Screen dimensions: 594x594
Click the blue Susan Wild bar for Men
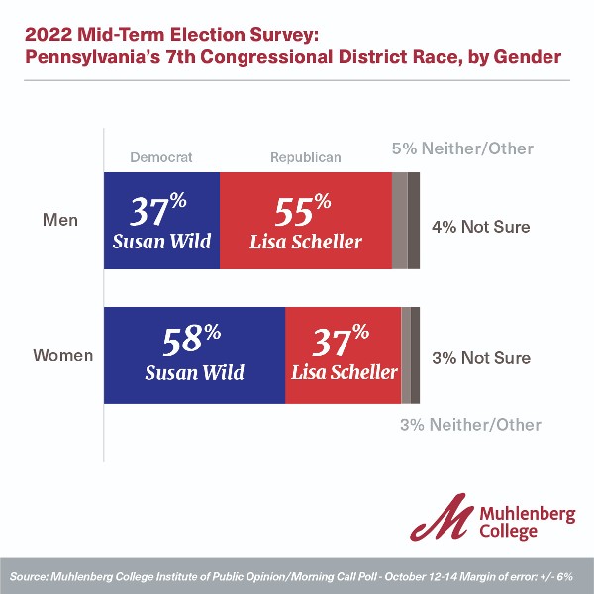click(161, 220)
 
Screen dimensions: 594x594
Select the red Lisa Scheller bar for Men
click(305, 220)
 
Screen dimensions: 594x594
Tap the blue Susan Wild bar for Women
click(194, 355)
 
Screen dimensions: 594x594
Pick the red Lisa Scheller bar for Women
click(343, 355)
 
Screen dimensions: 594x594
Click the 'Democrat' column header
click(160, 156)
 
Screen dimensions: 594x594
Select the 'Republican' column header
click(305, 156)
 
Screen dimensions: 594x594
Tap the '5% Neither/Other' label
click(462, 148)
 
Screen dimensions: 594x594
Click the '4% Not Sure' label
click(481, 227)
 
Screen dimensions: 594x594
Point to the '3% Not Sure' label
click(481, 358)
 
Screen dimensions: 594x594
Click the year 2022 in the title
click(46, 34)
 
